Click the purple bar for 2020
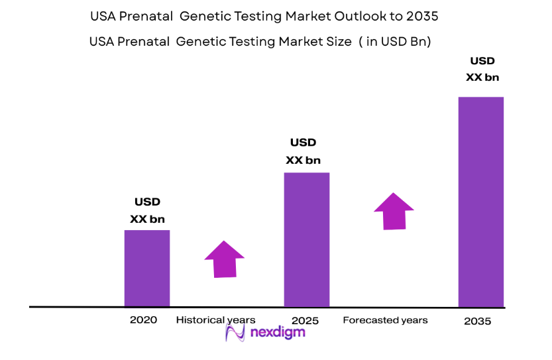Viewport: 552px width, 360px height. pyautogui.click(x=147, y=269)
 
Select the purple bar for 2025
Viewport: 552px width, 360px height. pyautogui.click(x=307, y=239)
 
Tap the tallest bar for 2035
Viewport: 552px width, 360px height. pyautogui.click(x=481, y=202)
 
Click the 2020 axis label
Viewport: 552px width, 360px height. pyautogui.click(x=144, y=320)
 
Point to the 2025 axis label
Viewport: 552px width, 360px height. pyautogui.click(x=305, y=321)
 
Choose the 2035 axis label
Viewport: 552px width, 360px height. pyautogui.click(x=478, y=322)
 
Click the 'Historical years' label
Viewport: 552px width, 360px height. pyautogui.click(x=215, y=320)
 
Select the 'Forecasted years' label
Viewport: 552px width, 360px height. pyautogui.click(x=385, y=320)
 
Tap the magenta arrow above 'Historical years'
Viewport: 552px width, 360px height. pyautogui.click(x=224, y=259)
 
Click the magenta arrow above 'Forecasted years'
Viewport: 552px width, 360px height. pyautogui.click(x=394, y=211)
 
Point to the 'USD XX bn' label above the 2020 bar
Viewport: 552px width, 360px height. pyautogui.click(x=148, y=210)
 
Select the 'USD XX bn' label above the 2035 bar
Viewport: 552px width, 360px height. pyautogui.click(x=482, y=69)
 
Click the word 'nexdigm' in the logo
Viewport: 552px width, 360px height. pyautogui.click(x=277, y=331)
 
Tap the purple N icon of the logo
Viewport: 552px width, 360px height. pyautogui.click(x=235, y=332)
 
